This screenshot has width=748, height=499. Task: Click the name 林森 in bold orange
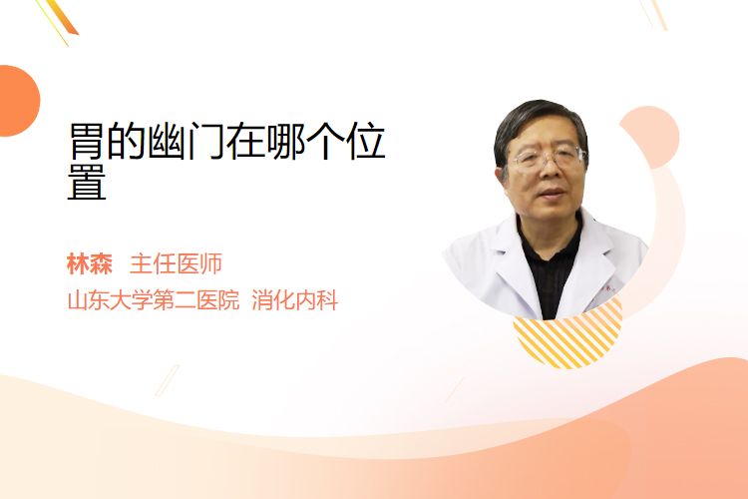click(x=90, y=264)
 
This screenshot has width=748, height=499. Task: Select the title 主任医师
click(x=176, y=264)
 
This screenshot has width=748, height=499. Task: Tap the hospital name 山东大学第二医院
click(x=154, y=300)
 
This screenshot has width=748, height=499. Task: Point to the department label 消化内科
click(x=295, y=300)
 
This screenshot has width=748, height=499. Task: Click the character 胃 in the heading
click(x=87, y=141)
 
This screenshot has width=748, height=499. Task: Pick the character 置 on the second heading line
click(x=87, y=183)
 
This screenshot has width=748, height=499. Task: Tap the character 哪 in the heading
click(x=286, y=141)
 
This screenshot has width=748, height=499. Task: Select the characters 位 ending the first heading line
click(x=366, y=141)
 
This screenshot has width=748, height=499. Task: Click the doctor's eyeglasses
click(x=548, y=158)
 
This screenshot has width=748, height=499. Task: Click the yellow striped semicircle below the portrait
click(x=567, y=336)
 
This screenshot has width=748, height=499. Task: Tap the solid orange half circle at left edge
click(x=18, y=101)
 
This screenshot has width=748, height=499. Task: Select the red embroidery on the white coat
click(x=609, y=288)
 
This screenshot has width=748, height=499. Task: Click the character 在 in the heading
click(x=245, y=141)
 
